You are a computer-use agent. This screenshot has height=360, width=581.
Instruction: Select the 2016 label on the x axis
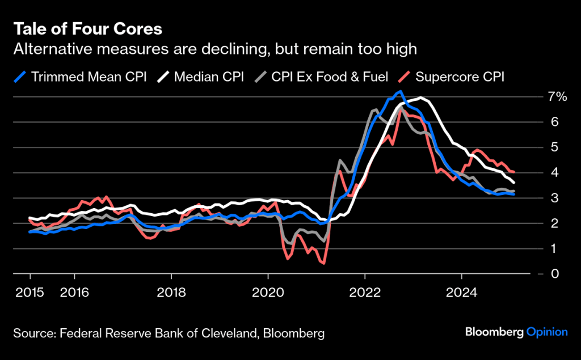pos(74,294)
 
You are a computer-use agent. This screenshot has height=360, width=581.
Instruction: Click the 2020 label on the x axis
pos(268,294)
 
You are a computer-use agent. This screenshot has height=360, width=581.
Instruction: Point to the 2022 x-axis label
pos(365,294)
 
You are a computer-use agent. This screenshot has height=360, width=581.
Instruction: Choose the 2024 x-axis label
pos(462,294)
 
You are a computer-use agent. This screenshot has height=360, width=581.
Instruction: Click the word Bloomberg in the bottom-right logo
pos(494,332)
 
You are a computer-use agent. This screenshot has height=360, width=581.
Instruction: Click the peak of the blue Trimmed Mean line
pos(401,91)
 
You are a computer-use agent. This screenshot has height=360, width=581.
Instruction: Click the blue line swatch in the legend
pos(20,77)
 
